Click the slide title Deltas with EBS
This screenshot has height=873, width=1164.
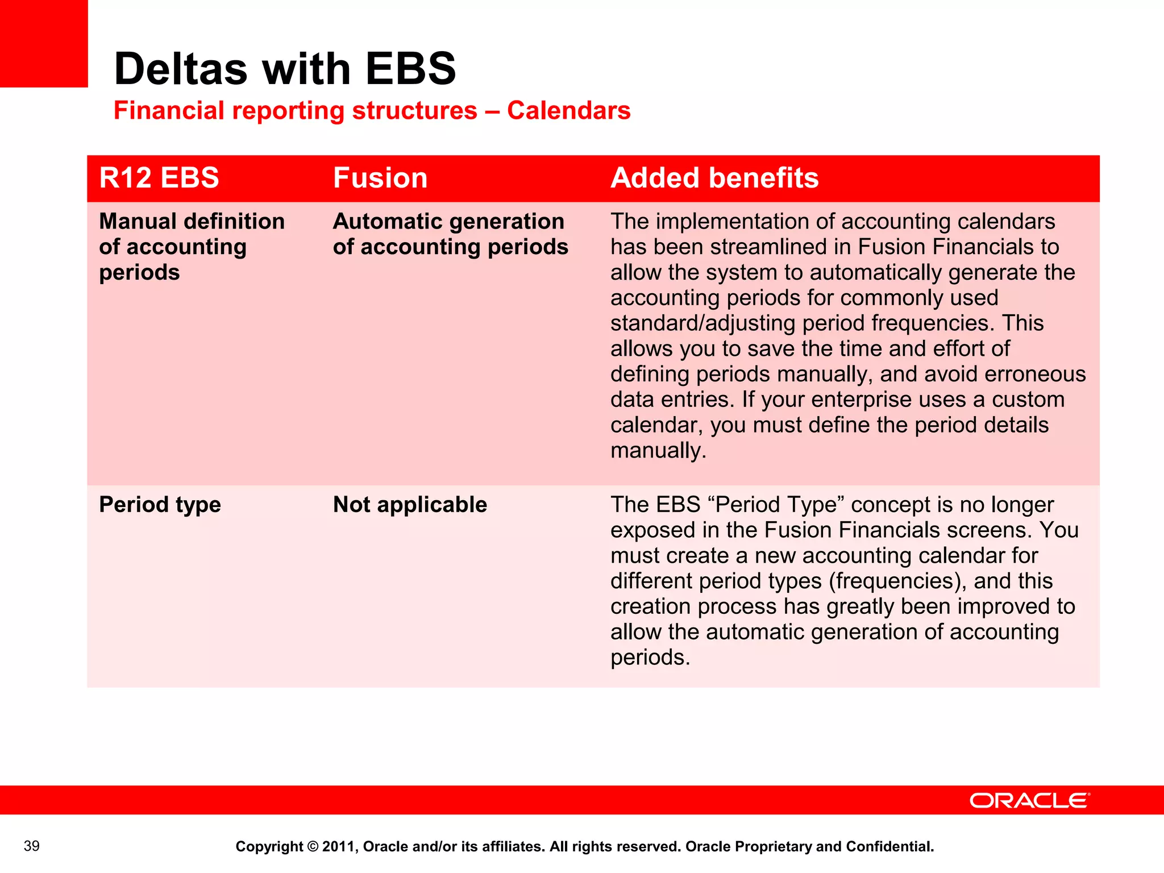point(285,69)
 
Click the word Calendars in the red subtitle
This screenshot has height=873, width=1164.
point(568,110)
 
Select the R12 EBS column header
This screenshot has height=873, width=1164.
point(159,178)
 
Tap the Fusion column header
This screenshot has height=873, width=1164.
point(380,178)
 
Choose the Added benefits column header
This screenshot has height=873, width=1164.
point(714,178)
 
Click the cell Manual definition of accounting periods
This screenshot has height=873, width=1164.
point(192,247)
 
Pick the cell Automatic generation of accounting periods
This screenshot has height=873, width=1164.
point(450,234)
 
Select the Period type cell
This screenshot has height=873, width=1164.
point(160,505)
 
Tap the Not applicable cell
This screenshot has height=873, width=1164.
point(410,505)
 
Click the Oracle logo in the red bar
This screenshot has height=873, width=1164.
point(1029,801)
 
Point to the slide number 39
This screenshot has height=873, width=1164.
point(32,846)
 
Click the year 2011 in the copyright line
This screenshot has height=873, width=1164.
point(338,847)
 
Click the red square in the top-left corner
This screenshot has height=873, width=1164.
point(44,43)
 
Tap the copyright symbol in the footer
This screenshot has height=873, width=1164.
point(313,847)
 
